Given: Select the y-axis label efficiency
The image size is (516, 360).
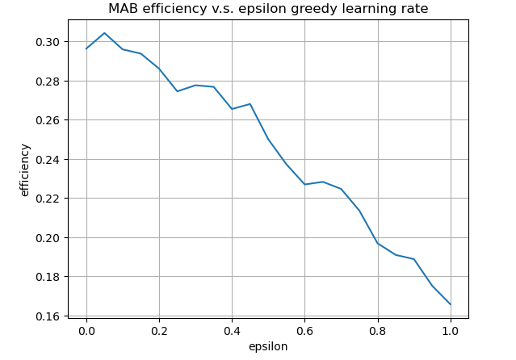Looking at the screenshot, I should point(25,170).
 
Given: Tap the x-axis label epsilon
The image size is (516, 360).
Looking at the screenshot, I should point(268,346).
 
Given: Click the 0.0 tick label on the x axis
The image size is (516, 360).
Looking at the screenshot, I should point(86,330).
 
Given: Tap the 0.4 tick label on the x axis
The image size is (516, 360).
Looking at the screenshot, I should point(232,330).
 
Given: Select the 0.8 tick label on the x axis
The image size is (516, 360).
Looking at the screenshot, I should point(377,330).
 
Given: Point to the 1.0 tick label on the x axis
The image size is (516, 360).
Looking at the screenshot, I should point(450,330).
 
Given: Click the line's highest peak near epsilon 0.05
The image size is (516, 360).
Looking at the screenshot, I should point(104,33).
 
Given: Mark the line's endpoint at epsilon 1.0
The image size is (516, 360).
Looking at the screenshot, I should point(450,304).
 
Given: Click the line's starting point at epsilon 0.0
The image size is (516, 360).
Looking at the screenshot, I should point(86,48).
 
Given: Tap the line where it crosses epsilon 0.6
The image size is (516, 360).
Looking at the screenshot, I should point(304,184).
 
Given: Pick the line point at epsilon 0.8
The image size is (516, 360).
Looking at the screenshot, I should point(377,243).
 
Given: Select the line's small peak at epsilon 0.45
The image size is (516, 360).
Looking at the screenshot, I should point(250,104).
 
